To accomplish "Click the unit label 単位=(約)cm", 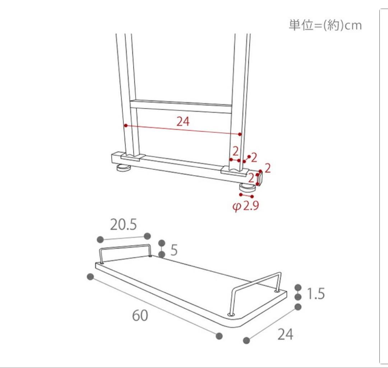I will coord(325,25).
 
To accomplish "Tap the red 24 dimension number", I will coord(183,122).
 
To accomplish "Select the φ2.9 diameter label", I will coord(246,207).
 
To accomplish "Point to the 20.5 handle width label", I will coord(123,225).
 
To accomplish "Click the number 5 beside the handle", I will coord(174,250).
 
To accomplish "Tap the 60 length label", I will coord(140,316).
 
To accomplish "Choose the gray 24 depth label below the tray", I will coord(285,334).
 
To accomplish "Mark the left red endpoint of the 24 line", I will coord(126,126).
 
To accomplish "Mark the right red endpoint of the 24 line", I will coord(240,135).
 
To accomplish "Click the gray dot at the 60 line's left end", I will coord(90,277).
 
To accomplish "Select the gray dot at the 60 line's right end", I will coord(219,336).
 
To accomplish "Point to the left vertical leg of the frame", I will coord(126,90).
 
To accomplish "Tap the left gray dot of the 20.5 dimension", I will coord(100,239).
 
